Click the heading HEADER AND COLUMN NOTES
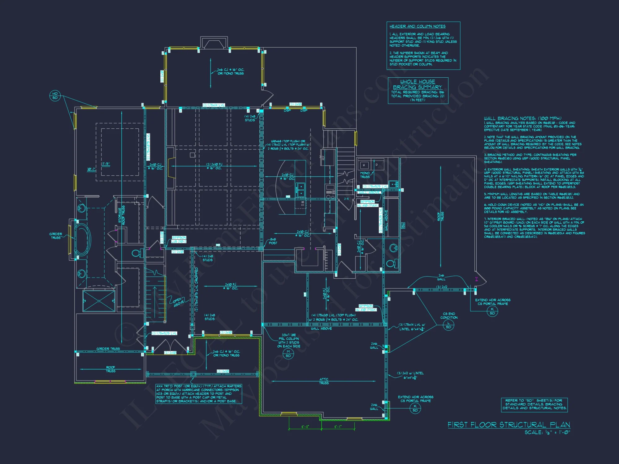pyautogui.click(x=417, y=26)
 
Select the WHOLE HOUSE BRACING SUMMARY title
pyautogui.click(x=418, y=84)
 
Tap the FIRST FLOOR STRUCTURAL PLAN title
pyautogui.click(x=509, y=425)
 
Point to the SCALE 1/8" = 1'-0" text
pyautogui.click(x=547, y=432)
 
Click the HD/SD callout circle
pyautogui.click(x=55, y=96)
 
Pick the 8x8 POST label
pyautogui.click(x=273, y=241)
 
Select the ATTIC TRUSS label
pyautogui.click(x=324, y=381)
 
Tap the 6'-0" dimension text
pyautogui.click(x=305, y=427)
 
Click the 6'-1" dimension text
pyautogui.click(x=338, y=427)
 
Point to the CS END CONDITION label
pyautogui.click(x=449, y=316)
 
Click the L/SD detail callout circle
pyautogui.click(x=448, y=325)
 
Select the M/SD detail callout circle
pyautogui.click(x=288, y=354)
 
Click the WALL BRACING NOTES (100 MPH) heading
pyautogui.click(x=522, y=118)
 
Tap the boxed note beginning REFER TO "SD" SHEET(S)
pyautogui.click(x=534, y=404)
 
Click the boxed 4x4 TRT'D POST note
pyautogui.click(x=198, y=394)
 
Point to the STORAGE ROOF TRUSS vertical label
pyautogui.click(x=122, y=215)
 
